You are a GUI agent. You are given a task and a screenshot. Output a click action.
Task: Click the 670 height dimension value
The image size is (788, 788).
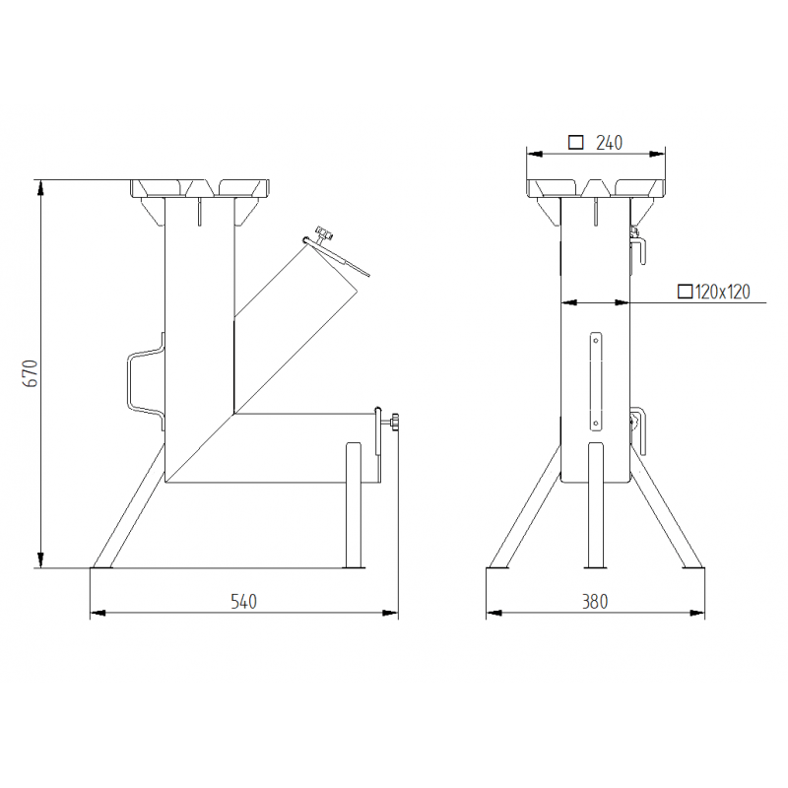[x=30, y=373]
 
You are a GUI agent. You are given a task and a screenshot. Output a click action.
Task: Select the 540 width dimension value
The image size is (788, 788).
[x=243, y=601]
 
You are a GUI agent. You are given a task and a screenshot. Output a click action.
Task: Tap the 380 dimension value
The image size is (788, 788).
[x=595, y=601]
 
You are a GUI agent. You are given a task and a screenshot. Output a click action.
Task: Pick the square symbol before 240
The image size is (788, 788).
[x=576, y=143]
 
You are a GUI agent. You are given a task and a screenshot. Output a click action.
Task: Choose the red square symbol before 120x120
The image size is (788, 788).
[x=685, y=291]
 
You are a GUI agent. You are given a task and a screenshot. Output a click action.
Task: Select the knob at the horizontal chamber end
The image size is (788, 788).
[x=394, y=425]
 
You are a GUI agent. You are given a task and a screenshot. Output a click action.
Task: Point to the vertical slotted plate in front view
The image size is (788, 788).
[x=595, y=380]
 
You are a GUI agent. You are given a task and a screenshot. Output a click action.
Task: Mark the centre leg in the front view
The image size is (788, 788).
[x=595, y=506]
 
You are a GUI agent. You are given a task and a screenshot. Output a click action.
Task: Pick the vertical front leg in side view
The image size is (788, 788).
[x=354, y=506]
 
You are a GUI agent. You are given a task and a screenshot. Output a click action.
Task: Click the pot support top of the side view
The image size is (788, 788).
[x=201, y=187]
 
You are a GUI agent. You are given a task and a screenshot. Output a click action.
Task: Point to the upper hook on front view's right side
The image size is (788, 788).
[x=638, y=243]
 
